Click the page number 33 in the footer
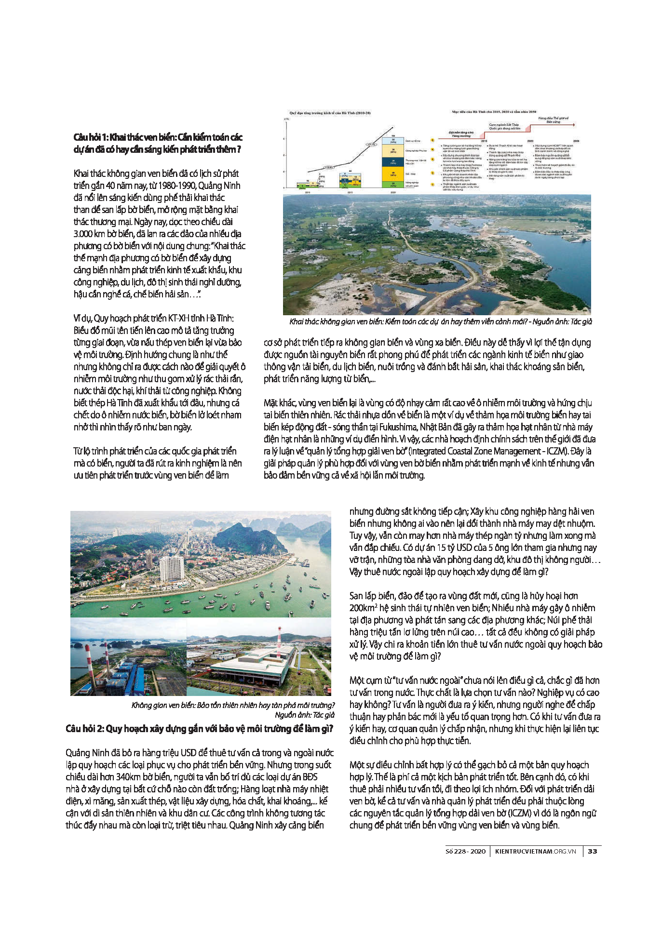pos(593,851)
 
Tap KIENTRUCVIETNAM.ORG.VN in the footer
pos(536,851)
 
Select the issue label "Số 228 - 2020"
pos(465,851)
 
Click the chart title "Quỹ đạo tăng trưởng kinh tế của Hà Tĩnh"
pos(330,113)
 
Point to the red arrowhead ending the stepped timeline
pos(573,124)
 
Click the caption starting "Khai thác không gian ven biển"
pos(440,321)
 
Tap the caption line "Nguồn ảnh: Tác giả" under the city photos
pos(304,715)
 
